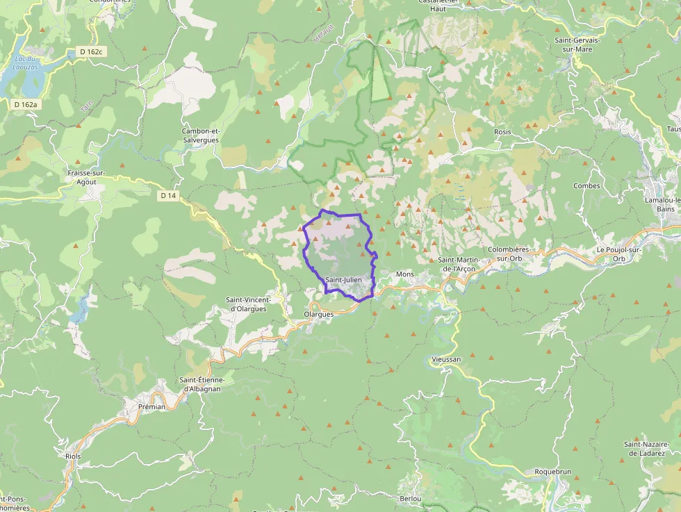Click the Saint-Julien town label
(343, 279)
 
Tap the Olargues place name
(319, 314)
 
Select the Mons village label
(404, 274)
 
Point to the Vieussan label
(445, 359)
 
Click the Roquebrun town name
(552, 472)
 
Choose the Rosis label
(502, 131)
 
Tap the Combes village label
(586, 185)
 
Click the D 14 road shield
(167, 196)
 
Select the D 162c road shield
(90, 51)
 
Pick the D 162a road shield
(26, 104)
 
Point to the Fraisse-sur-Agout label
(86, 177)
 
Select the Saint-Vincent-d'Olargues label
(246, 304)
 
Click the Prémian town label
(152, 406)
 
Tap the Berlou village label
(411, 499)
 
